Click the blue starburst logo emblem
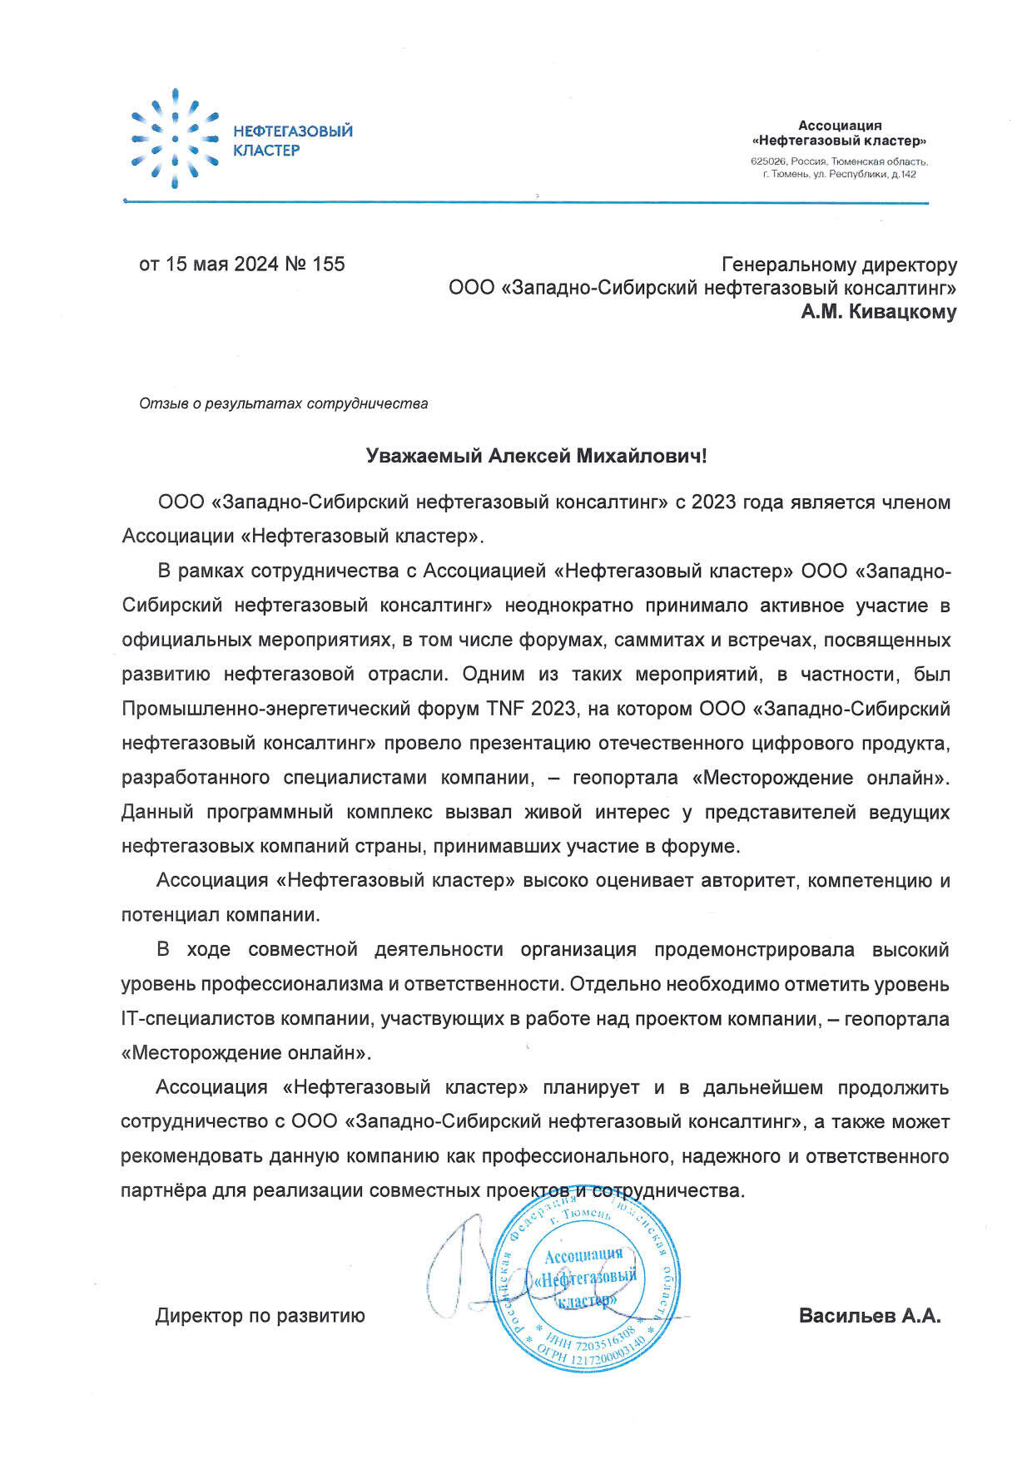click(175, 139)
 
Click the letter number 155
click(328, 265)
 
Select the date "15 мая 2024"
click(221, 265)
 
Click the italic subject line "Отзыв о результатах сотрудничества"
click(284, 404)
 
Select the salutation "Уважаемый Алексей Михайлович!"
click(537, 456)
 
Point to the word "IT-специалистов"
click(198, 1019)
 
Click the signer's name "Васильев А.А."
click(870, 1316)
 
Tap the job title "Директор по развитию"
click(260, 1316)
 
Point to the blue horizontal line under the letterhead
click(524, 202)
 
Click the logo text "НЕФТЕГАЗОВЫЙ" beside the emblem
click(292, 131)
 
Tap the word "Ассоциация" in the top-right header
click(839, 126)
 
